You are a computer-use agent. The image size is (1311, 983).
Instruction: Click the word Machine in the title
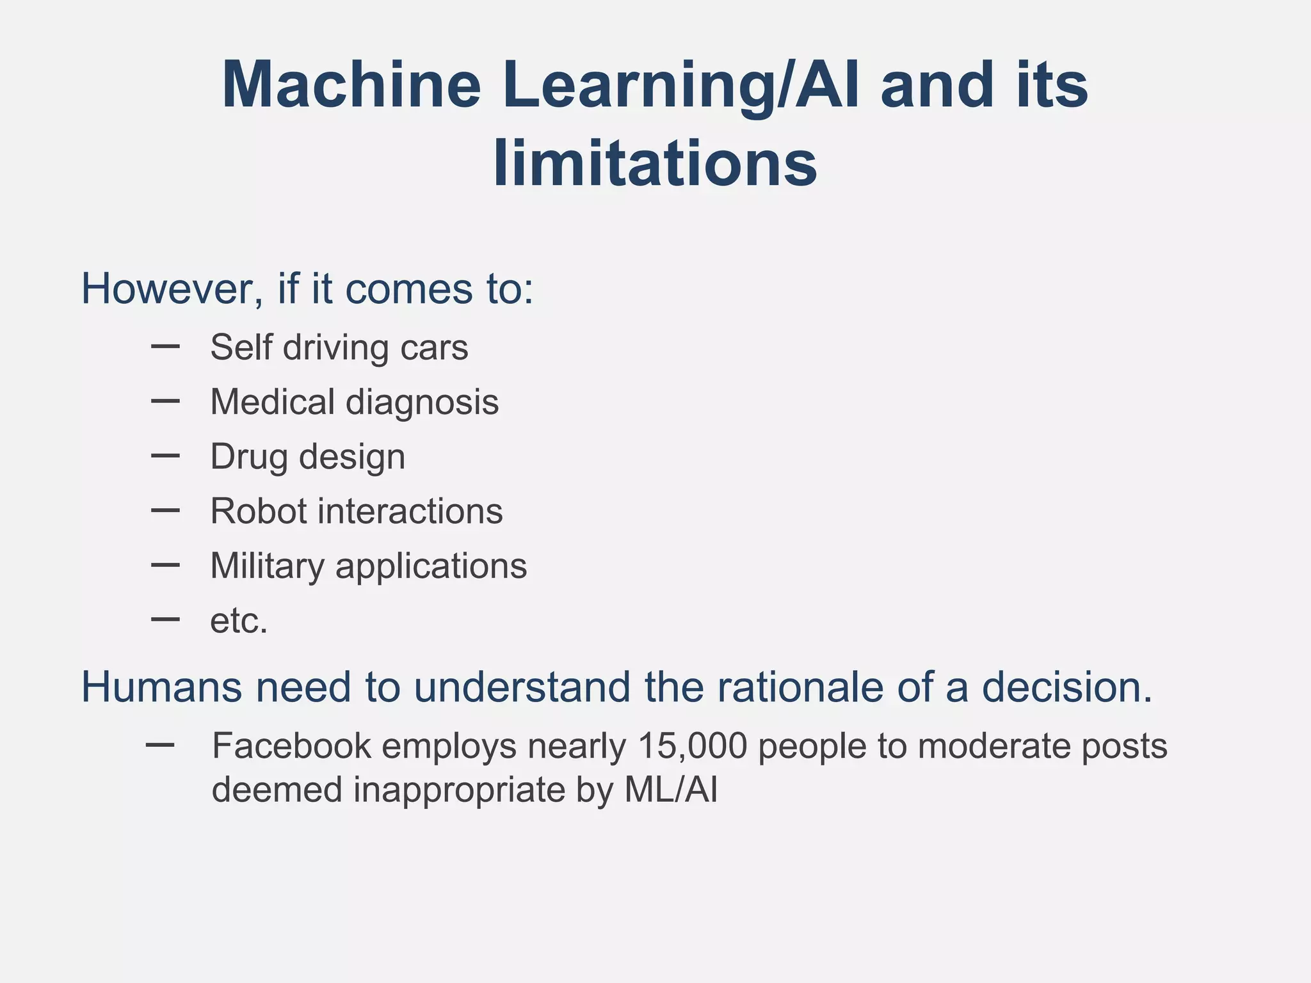tap(351, 86)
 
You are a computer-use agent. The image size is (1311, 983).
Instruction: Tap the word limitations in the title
tap(655, 164)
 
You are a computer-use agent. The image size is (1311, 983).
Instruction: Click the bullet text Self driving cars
tap(339, 348)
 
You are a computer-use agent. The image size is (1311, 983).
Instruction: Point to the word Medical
tap(273, 402)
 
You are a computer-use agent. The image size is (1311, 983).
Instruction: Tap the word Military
tap(267, 566)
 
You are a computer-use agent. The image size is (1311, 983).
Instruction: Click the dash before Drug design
tap(165, 456)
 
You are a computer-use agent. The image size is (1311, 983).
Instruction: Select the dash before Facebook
tap(160, 744)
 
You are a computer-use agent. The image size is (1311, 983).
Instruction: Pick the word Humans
tap(162, 687)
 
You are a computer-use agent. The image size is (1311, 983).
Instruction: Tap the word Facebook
tap(291, 746)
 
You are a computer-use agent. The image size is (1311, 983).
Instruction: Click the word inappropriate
tap(459, 790)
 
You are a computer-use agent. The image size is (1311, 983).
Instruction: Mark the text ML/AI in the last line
tap(670, 790)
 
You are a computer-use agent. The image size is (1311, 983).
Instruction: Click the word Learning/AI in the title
tap(680, 86)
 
